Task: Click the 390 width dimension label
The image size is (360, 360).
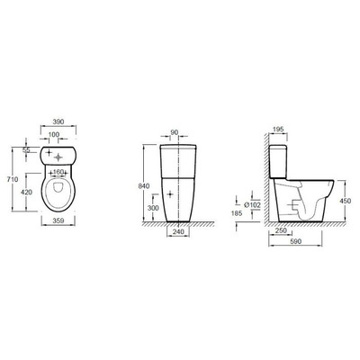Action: [58, 121]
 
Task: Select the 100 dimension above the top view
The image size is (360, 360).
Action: [54, 135]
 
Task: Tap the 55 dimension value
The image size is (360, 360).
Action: [27, 150]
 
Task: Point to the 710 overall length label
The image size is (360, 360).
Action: [13, 179]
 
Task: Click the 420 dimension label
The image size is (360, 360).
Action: [27, 192]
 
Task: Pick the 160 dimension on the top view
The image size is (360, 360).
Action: [58, 172]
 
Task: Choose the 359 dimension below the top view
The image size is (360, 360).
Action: [58, 220]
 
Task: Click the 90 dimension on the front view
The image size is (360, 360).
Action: [175, 132]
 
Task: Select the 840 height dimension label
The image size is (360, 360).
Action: [144, 186]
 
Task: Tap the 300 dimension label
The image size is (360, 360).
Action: [153, 208]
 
